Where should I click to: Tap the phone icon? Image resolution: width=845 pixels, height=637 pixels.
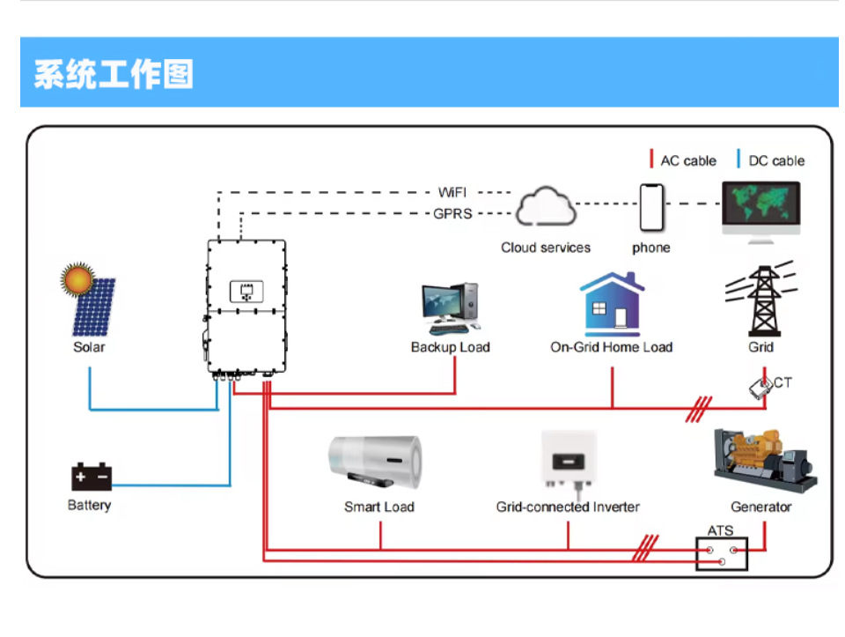coord(650,209)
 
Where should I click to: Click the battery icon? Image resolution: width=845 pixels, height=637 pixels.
coord(92,477)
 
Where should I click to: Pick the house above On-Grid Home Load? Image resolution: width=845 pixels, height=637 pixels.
coord(612,304)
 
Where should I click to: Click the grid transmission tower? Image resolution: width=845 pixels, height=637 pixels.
coord(760,298)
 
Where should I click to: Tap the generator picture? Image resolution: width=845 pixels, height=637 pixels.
coord(763,460)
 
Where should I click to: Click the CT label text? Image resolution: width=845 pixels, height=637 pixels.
coord(783,382)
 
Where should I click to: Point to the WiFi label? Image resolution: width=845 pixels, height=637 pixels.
coord(453,192)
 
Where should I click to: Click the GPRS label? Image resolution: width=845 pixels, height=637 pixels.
coord(452,213)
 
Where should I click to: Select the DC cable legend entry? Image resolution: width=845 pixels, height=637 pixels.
coord(775,160)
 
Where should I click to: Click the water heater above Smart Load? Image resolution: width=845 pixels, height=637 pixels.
coord(375,463)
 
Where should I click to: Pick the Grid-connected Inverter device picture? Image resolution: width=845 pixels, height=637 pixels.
coord(568,460)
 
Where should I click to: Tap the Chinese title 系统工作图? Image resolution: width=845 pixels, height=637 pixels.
coord(114,74)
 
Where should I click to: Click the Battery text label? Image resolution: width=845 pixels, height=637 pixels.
coord(89,506)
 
